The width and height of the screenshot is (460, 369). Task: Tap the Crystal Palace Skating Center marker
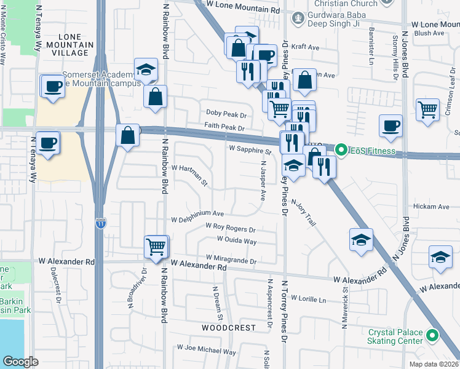point(432,336)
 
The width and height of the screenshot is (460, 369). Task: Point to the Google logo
point(20,361)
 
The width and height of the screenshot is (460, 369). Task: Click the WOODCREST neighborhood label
point(229,328)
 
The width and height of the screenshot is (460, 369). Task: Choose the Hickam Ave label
point(432,207)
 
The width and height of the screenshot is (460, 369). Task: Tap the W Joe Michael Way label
point(206,352)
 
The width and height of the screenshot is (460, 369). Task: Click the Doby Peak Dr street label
point(226,115)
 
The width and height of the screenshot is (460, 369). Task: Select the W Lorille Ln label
point(307,300)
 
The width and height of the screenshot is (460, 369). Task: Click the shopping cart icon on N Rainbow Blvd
point(156,247)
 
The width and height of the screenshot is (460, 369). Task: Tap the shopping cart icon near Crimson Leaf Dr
point(427,109)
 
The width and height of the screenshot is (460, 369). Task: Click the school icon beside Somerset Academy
point(146,69)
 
